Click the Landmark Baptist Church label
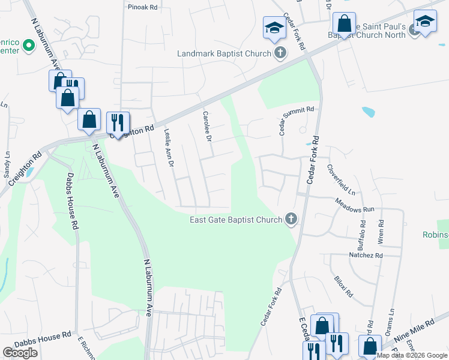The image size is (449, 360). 224,54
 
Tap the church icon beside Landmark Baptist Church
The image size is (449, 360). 279,54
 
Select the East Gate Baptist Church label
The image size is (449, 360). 236,220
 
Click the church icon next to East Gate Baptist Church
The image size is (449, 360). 291,219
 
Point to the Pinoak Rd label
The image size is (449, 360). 142,8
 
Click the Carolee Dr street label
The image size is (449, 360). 207,127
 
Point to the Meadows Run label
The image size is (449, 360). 354,207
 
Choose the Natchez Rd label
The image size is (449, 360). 366,256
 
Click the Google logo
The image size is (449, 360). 20,353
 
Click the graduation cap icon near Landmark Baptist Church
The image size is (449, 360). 274,28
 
